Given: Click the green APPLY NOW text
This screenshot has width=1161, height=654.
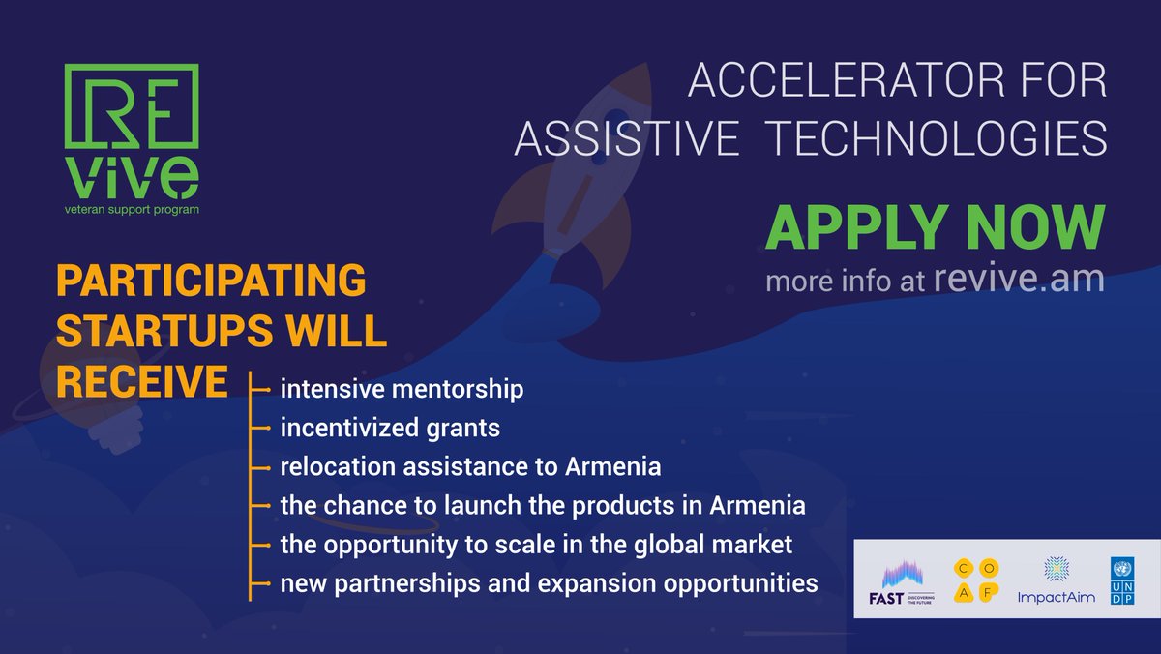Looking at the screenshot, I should click(935, 228).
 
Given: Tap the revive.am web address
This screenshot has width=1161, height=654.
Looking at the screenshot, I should click(1019, 279).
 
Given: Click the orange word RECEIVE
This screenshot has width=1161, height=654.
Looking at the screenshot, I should click(141, 380).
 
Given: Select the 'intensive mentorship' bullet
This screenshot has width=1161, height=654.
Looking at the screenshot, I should click(402, 390).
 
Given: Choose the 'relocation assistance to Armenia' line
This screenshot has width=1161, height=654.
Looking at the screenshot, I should click(470, 467).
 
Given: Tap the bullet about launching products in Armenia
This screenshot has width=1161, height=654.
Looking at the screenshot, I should click(543, 506).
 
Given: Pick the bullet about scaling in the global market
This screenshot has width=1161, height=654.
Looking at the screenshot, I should click(536, 545).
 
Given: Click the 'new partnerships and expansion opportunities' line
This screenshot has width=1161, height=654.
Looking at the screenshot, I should click(549, 583).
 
